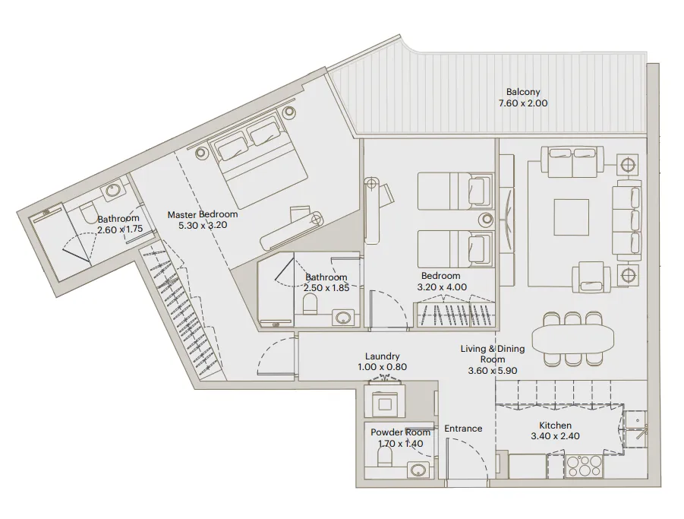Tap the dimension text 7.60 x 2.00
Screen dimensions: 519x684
coord(522,103)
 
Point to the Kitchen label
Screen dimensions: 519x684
coord(555,426)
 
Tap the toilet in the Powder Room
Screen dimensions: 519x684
coord(385,457)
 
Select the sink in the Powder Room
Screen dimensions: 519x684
coord(417,470)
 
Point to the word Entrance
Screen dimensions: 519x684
coord(463,429)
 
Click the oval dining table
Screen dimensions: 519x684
coord(574,336)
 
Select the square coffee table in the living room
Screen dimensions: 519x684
coord(571,217)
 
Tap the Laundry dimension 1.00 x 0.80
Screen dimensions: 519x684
coord(382,367)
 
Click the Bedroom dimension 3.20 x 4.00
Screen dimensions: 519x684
coord(442,287)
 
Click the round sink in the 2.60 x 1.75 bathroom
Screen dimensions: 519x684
coord(112,190)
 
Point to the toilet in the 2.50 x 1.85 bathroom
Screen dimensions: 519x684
coord(310,305)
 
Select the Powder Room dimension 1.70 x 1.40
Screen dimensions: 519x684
coord(396,444)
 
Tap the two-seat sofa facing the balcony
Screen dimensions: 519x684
coord(573,161)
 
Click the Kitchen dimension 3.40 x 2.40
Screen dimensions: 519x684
coord(555,437)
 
